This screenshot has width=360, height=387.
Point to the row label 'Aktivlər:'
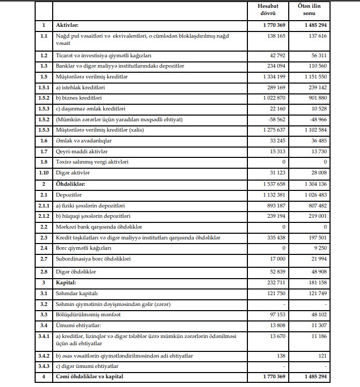67,25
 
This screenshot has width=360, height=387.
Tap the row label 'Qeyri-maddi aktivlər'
80,152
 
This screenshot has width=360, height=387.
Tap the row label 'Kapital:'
66,283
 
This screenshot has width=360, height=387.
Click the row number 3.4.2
44,356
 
